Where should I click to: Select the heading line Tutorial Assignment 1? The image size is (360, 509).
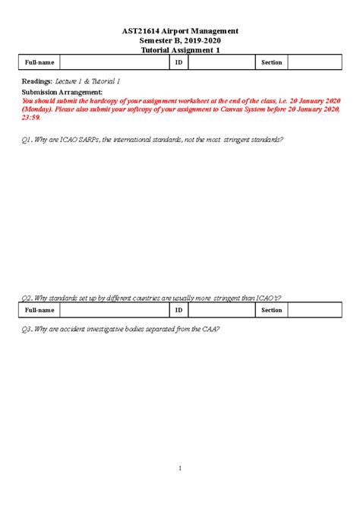[x=179, y=50]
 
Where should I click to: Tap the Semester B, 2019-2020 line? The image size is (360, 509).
[x=180, y=40]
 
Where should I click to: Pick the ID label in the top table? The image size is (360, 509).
[x=178, y=63]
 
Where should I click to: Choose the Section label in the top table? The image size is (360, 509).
[x=271, y=63]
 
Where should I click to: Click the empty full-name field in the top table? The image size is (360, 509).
[x=114, y=63]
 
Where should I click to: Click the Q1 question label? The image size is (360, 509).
[x=27, y=141]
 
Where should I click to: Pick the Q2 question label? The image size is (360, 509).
[x=27, y=299]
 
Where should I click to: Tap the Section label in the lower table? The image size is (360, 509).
[x=271, y=310]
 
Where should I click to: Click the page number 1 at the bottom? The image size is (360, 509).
[x=180, y=468]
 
